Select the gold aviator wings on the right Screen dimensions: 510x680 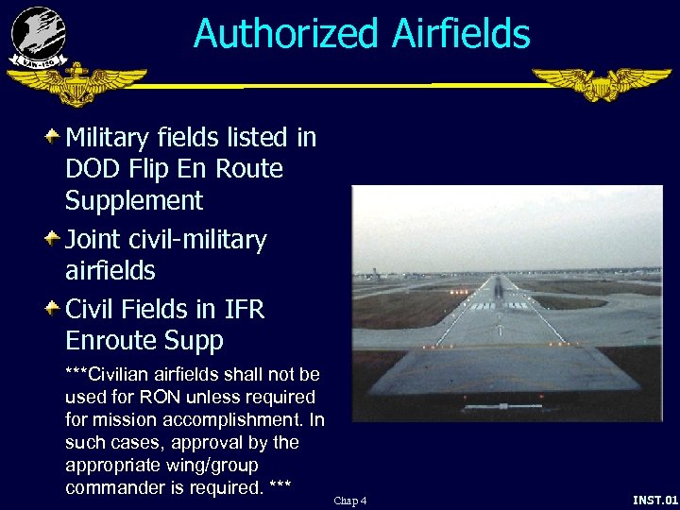coord(602,84)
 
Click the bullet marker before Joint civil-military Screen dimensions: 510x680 coord(53,238)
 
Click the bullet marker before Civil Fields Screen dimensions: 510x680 coord(53,308)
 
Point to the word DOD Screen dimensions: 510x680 coord(93,169)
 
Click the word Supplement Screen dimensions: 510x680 coord(134,201)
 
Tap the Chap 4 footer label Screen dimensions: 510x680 coord(350,500)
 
